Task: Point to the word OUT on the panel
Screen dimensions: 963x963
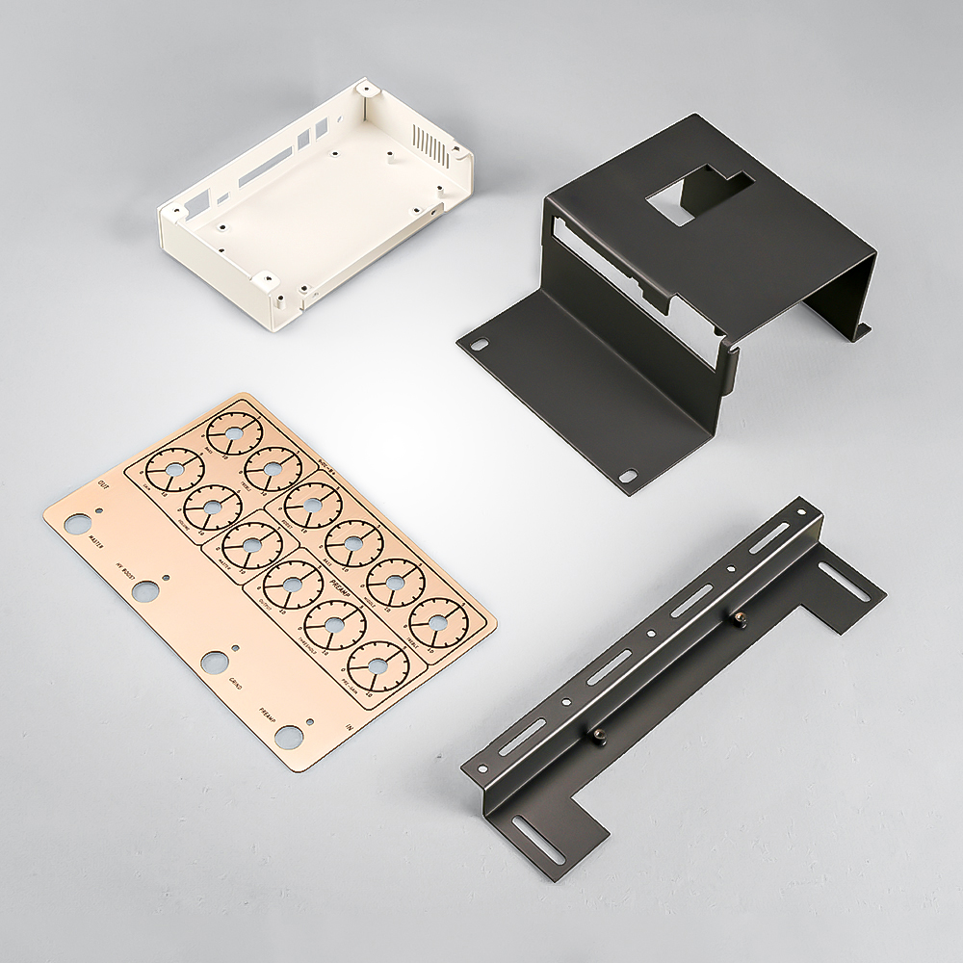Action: point(103,487)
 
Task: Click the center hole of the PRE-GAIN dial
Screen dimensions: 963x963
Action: point(377,664)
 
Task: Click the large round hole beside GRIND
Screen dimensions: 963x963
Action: point(215,663)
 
